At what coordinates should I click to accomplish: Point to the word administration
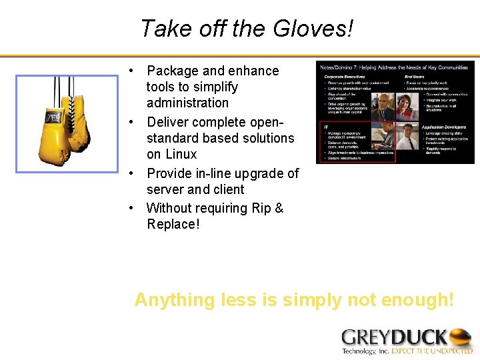[187, 103]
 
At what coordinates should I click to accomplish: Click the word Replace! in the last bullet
[173, 224]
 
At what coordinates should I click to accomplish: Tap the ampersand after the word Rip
[279, 208]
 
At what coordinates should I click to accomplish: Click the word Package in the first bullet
[173, 71]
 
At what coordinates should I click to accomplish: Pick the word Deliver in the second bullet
[169, 122]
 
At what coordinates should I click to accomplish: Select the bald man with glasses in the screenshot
[385, 107]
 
